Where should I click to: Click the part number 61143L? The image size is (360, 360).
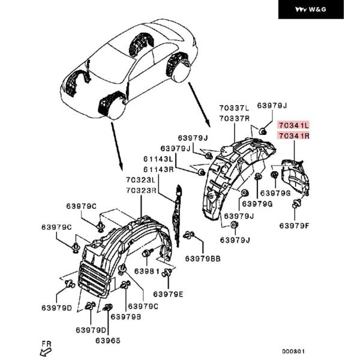158,159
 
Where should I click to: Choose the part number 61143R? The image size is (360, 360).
158,170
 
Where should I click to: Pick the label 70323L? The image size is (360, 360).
141,180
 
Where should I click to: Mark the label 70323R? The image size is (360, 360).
141,191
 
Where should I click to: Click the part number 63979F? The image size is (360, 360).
295,226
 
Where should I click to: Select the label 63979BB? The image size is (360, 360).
203,259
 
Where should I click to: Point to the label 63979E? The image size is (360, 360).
169,294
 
